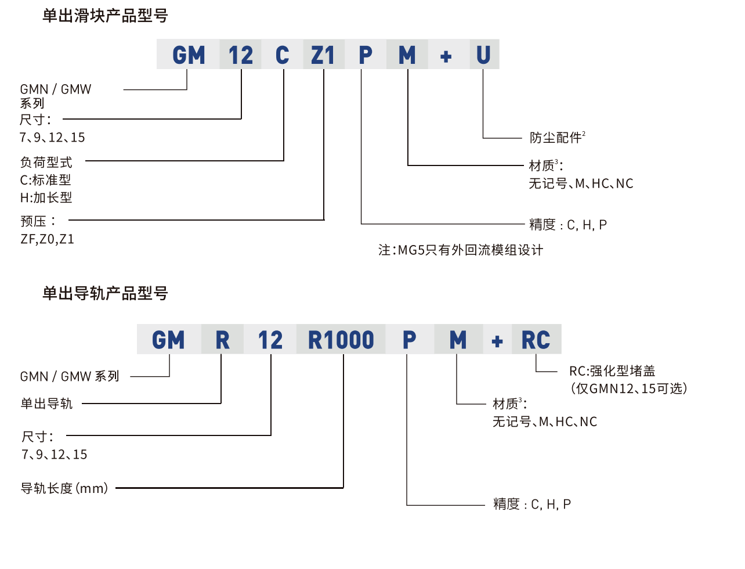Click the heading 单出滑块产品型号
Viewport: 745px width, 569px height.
105,16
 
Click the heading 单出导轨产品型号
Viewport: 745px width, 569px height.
105,293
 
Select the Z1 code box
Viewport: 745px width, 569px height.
323,55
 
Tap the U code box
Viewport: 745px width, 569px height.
483,55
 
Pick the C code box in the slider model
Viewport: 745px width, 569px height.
282,55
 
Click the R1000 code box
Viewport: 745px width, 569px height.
341,340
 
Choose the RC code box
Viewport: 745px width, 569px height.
536,340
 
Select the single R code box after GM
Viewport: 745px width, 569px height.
222,340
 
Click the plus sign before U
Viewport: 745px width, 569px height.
446,56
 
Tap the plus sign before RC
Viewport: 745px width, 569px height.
497,341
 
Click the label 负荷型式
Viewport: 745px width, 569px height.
46,162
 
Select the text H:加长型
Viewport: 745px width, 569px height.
46,197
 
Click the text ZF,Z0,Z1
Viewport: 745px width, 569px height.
48,239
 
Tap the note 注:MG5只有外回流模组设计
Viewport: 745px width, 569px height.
461,250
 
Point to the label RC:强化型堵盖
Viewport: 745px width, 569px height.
612,370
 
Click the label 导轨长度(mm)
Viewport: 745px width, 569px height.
64,488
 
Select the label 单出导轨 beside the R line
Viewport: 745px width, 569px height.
46,404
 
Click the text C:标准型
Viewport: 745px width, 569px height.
46,180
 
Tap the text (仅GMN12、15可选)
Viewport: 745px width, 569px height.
629,388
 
